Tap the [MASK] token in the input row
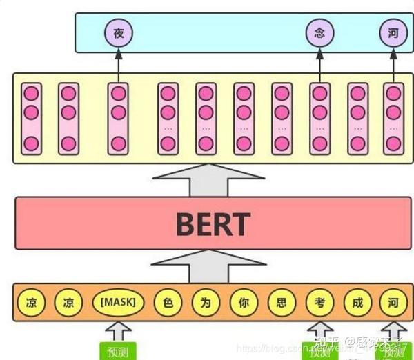118,301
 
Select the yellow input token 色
167,301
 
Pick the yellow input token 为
205,301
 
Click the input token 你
243,301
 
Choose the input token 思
281,301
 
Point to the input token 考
318,301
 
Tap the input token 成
356,301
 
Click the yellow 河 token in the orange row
392,301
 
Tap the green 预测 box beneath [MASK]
118,350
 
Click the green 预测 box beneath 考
318,351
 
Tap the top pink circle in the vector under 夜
118,93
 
